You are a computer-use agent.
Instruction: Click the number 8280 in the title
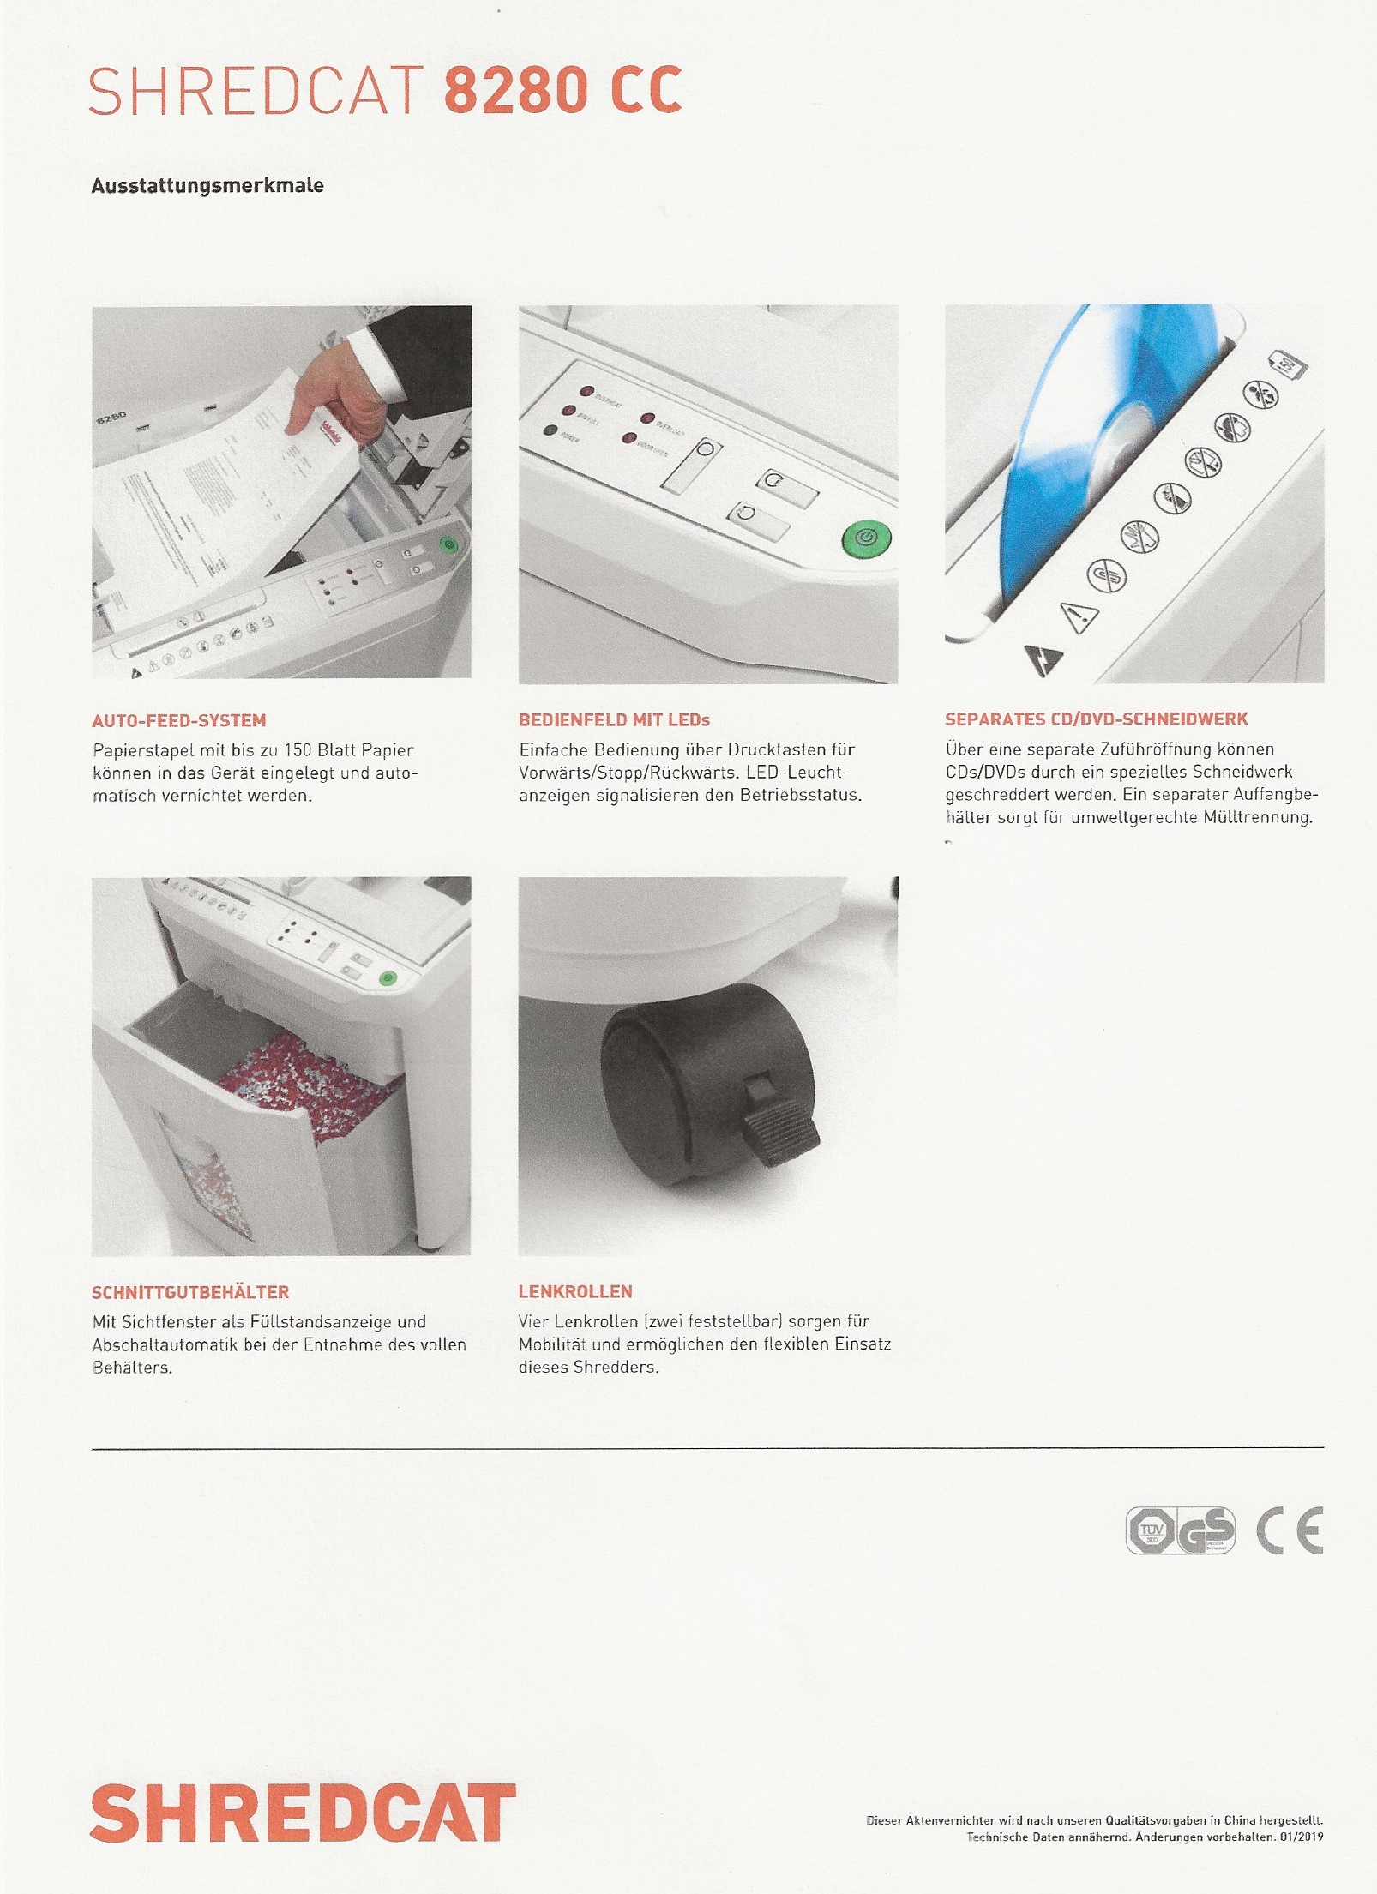516,90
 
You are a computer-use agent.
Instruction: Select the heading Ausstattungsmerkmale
207,185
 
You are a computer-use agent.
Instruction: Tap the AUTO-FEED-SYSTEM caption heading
179,720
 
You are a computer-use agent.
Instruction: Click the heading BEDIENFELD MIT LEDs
614,719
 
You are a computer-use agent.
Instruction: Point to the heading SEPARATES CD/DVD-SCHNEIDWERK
1097,719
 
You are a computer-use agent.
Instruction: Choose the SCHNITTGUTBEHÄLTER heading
190,1292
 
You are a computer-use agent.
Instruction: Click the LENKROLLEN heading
575,1291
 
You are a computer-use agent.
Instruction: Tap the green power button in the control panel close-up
866,538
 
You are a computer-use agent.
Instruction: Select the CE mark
1290,1530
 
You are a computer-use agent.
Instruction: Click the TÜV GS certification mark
1181,1530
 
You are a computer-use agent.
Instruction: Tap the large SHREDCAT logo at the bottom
303,1813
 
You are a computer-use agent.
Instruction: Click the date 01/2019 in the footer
1301,1837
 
